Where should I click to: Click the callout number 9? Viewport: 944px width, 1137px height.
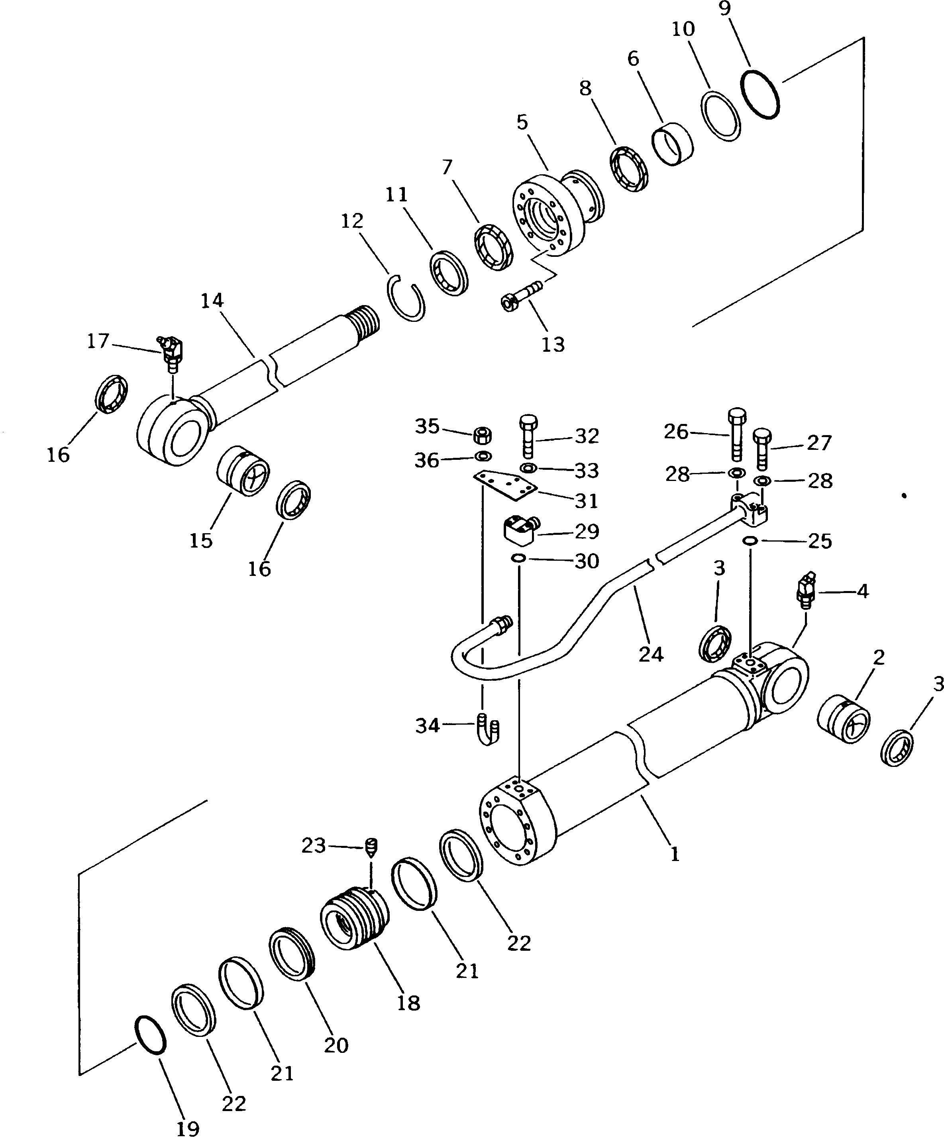point(740,9)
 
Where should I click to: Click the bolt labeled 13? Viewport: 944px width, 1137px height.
point(522,296)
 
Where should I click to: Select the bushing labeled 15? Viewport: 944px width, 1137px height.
point(243,470)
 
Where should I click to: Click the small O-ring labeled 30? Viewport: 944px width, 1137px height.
point(518,558)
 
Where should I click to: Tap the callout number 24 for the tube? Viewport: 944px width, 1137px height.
point(650,654)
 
